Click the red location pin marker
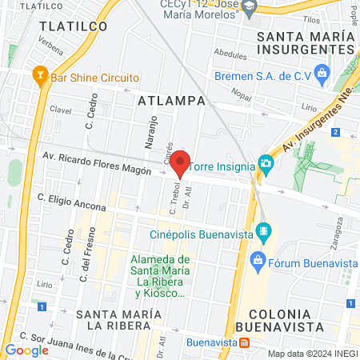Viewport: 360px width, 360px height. point(181,162)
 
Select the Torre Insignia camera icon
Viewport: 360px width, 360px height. point(266,166)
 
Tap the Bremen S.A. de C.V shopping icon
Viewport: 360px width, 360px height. point(322,76)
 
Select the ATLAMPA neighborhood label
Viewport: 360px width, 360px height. point(171,102)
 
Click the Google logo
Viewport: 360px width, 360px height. point(26,350)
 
